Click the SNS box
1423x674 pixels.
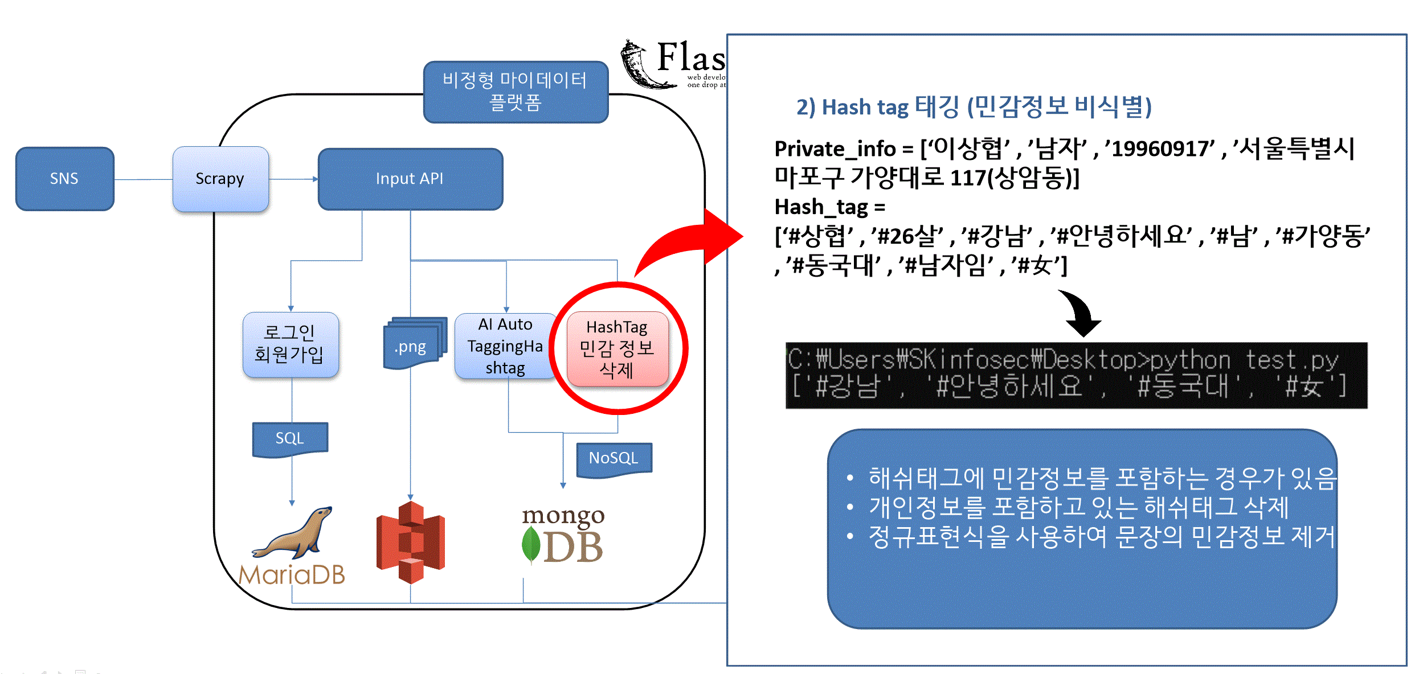tap(64, 179)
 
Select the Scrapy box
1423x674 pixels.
tap(220, 179)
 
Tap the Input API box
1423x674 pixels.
tap(410, 179)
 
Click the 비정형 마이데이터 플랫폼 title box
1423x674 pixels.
tap(515, 92)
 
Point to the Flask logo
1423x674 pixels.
tap(672, 64)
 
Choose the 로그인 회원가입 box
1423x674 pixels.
tap(290, 344)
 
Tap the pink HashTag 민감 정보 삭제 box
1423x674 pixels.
tap(617, 348)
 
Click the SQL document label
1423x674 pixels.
tap(290, 438)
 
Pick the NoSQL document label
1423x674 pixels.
tap(614, 458)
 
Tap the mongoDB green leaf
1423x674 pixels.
tap(530, 545)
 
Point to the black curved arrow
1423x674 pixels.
tap(1081, 314)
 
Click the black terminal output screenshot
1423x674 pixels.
tap(1076, 375)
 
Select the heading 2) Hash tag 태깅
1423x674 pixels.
tap(973, 107)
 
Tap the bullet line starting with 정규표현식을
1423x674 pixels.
tap(1101, 537)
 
